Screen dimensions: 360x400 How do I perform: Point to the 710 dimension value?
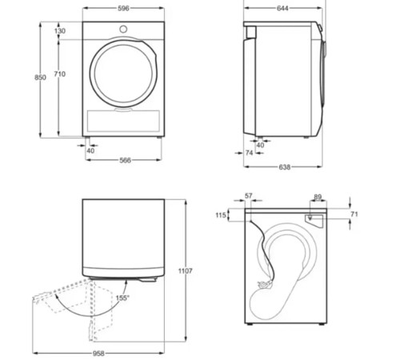60,74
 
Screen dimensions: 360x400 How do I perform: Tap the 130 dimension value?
60,30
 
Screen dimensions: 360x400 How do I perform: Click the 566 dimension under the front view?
125,160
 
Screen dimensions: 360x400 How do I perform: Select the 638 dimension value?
285,167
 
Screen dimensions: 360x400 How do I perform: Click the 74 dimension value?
249,152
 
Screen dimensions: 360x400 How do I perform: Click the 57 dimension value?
249,195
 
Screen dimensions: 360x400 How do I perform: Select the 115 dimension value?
222,214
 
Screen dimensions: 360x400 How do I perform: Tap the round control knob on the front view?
125,30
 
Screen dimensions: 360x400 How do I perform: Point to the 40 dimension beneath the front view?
90,150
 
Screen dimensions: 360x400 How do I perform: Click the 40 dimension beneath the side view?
260,145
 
